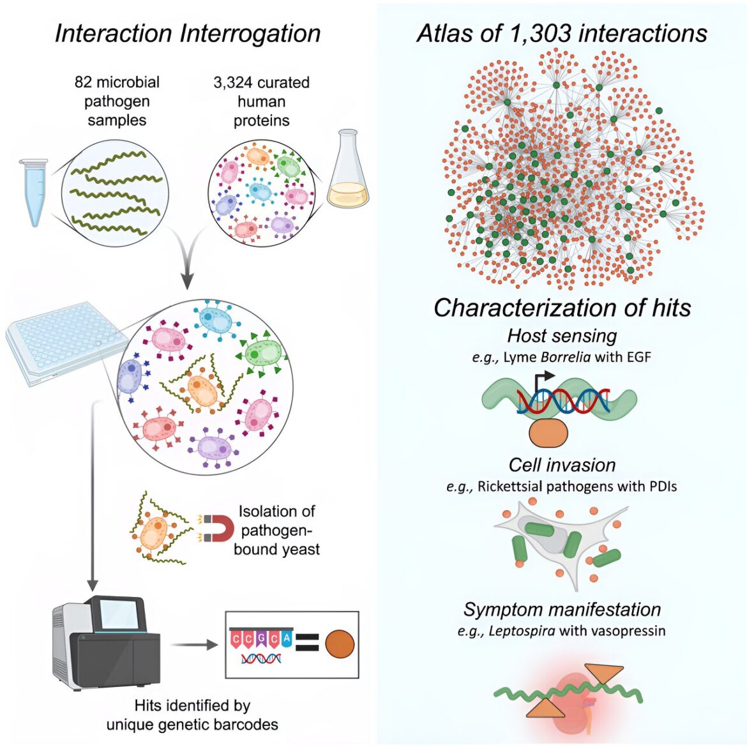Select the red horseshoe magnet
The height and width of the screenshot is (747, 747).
219,529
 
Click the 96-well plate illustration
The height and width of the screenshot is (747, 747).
66,342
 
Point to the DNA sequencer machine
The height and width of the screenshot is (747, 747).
106,641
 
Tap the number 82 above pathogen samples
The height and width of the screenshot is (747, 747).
84,82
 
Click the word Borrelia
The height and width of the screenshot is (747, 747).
566,357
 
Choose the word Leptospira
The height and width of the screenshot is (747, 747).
522,631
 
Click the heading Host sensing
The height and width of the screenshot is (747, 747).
562,335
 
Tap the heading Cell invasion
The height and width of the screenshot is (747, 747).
562,465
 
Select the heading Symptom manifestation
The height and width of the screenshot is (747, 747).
562,609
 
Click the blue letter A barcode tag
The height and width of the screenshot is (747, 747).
286,638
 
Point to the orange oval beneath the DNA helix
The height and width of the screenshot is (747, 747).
549,433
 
